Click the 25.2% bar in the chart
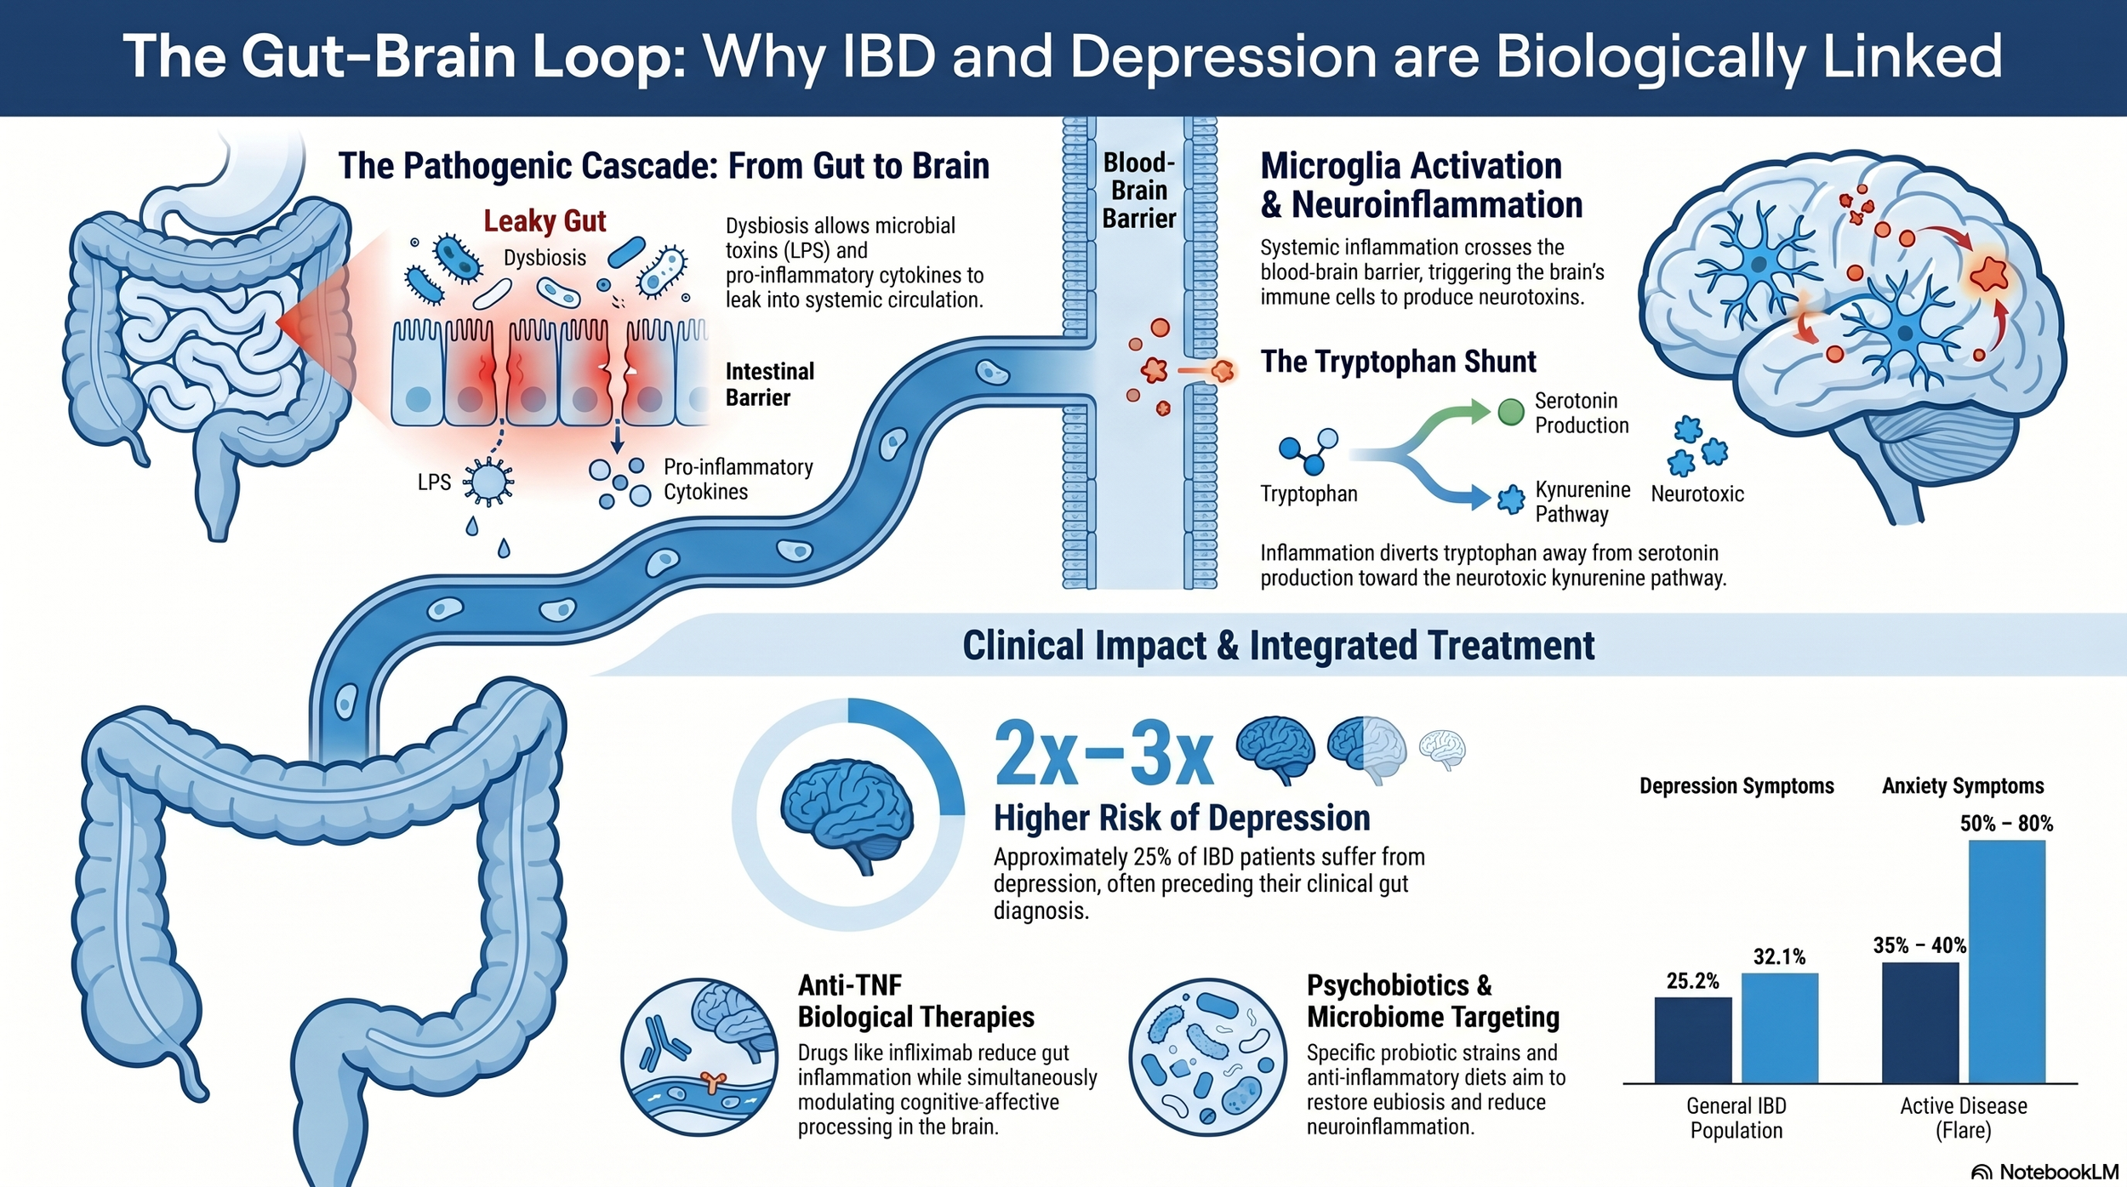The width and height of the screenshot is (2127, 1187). click(x=1692, y=1039)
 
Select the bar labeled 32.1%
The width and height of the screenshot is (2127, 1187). click(x=1779, y=1027)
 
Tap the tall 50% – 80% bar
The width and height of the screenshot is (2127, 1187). click(x=2006, y=962)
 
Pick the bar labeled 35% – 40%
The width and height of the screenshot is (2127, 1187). click(x=1919, y=1022)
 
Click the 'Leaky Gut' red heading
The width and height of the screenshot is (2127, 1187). click(x=545, y=221)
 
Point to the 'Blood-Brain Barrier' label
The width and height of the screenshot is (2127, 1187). click(x=1138, y=191)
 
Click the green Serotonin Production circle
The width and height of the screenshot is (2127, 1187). click(x=1510, y=412)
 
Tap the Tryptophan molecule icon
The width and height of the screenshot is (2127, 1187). click(x=1309, y=451)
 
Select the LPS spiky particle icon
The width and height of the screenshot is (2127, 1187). click(x=488, y=482)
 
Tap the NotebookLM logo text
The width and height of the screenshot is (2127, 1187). click(x=2057, y=1172)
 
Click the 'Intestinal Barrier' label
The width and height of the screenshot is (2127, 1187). click(x=769, y=385)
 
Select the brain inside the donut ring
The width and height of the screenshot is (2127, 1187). click(x=847, y=815)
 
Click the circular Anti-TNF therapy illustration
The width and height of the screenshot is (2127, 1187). click(x=699, y=1057)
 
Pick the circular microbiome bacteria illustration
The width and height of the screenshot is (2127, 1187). click(x=1207, y=1057)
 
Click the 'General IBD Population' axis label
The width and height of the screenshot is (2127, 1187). click(x=1736, y=1117)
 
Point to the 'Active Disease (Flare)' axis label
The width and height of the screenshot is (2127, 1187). click(x=1963, y=1117)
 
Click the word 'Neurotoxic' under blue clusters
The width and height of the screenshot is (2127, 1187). click(x=1696, y=494)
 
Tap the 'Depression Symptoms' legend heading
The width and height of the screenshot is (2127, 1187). click(x=1736, y=785)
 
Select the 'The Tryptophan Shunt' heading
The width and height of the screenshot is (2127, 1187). click(x=1398, y=362)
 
